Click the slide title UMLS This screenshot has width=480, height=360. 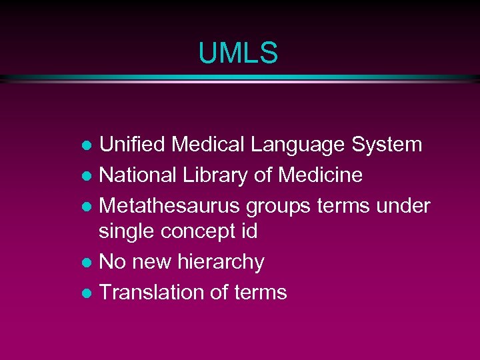click(x=237, y=53)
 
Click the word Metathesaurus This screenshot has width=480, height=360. click(x=170, y=206)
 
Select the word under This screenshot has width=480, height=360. click(x=402, y=206)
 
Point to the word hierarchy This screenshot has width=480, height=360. click(x=221, y=262)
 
